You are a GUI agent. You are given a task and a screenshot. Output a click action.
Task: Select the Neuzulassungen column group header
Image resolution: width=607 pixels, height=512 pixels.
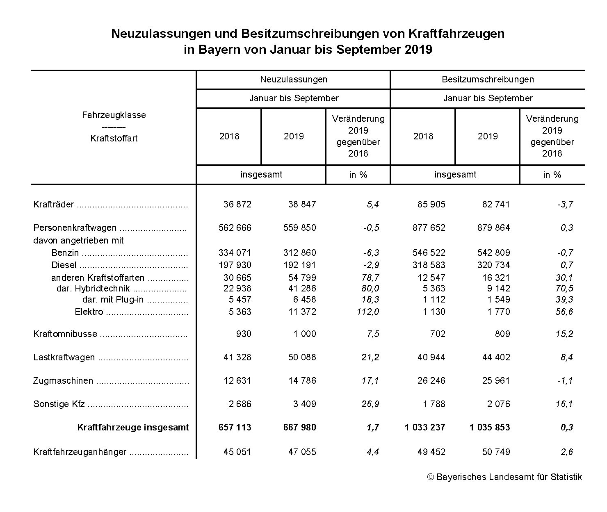pos(294,79)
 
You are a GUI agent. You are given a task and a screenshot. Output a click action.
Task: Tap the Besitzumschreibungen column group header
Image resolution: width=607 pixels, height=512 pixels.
pos(488,79)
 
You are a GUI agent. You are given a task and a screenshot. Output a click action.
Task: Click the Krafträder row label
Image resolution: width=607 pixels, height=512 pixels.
pos(54,204)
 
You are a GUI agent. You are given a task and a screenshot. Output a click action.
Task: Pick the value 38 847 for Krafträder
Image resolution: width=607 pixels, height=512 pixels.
pos(302,204)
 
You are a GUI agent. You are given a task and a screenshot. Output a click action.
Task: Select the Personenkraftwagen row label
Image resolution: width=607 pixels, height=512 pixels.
pos(75,228)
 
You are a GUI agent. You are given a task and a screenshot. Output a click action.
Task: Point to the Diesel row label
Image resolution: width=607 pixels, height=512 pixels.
pos(64,265)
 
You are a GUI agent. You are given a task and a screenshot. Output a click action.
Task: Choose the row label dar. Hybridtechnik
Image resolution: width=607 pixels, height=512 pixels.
pos(93,289)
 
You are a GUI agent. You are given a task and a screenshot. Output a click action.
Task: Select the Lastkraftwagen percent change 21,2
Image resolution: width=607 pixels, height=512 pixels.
pos(370,357)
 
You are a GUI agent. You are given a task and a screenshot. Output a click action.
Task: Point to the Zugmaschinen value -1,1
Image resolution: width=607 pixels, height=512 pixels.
pos(565,380)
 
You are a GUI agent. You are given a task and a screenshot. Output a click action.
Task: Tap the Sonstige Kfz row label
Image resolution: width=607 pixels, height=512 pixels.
pos(59,404)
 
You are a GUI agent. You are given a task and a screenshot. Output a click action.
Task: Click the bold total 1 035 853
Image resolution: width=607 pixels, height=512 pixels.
pos(490,428)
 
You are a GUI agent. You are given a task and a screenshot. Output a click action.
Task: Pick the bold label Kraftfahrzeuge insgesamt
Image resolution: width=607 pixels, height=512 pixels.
pos(133,428)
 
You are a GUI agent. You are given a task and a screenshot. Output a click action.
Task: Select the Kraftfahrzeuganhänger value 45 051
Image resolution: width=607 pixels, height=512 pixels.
pos(237,452)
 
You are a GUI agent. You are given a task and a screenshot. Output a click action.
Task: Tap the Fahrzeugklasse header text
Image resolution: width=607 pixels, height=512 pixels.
pos(114,115)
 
